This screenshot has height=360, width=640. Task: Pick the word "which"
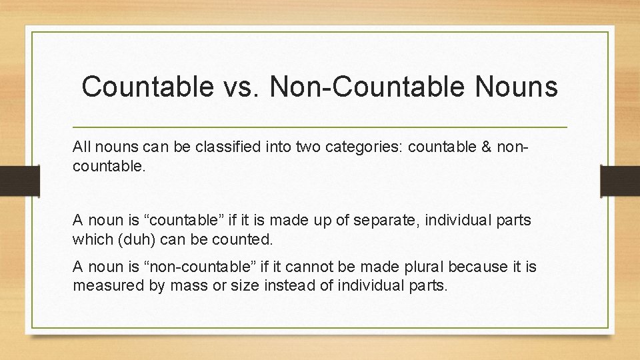[91, 239]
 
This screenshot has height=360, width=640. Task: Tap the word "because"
[473, 267]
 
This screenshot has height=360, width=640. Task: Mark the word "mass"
[174, 285]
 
